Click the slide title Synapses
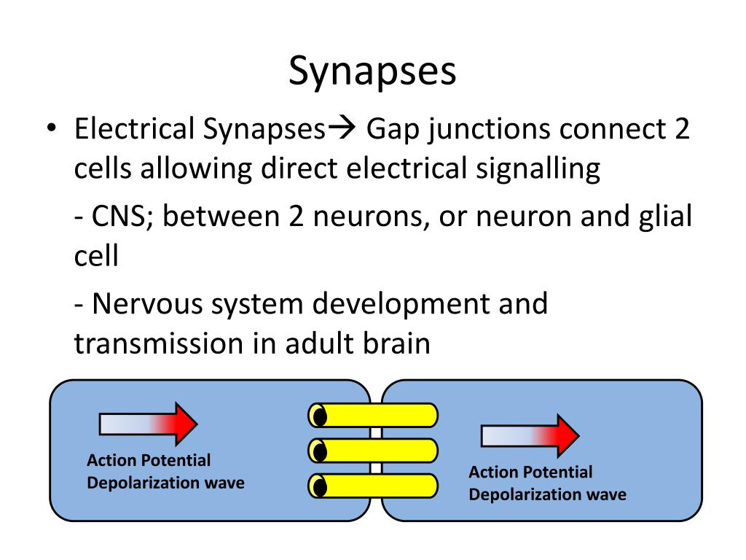coord(372,71)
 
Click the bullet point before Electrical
coord(52,128)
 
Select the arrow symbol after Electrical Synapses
coord(342,128)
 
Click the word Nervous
coord(147,304)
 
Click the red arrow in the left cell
coord(148,424)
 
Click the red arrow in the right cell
coord(530,436)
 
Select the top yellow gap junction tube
coord(373,415)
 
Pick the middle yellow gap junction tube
coord(373,451)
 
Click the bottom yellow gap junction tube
coord(373,486)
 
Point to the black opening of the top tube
coord(321,416)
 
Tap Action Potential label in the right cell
coord(530,472)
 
